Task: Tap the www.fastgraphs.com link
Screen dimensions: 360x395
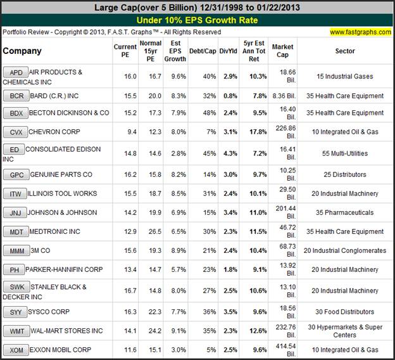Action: [x=360, y=32]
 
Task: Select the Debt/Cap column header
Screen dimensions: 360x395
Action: [x=204, y=51]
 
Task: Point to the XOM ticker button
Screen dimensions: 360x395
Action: [x=15, y=350]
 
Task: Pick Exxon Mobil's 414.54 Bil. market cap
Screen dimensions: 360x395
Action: [x=283, y=350]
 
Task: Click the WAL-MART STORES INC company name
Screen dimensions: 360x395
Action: [x=66, y=330]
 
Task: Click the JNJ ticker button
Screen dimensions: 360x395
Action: [x=15, y=213]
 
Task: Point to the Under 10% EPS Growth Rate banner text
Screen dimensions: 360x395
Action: [x=197, y=20]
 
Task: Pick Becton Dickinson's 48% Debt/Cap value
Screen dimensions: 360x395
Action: [x=204, y=113]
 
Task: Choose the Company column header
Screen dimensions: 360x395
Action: [x=22, y=51]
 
